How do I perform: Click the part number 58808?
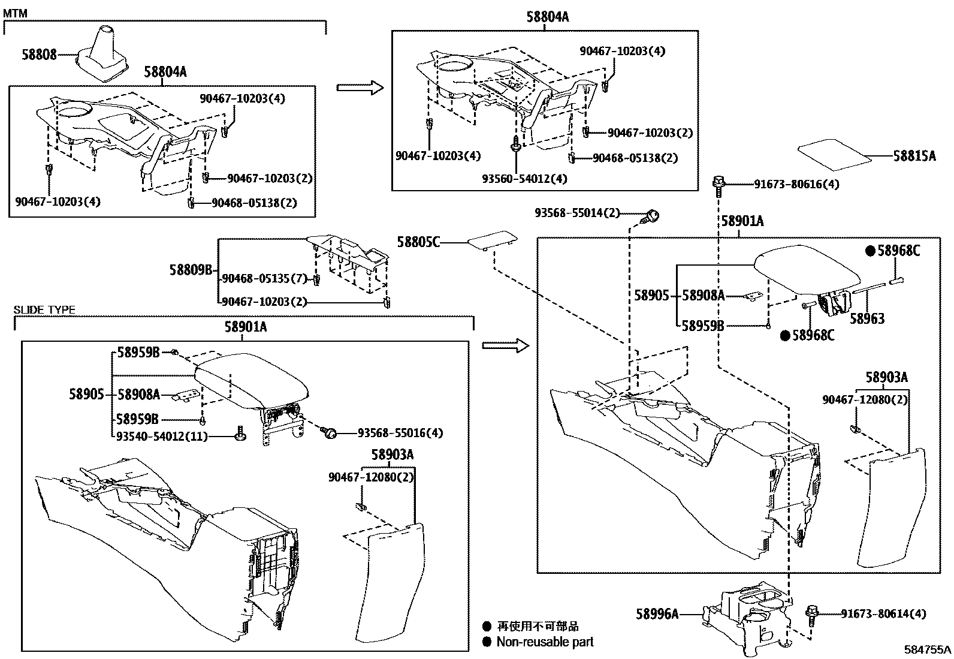(x=39, y=55)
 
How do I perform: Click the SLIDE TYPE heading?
(x=44, y=310)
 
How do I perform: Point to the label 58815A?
(x=914, y=156)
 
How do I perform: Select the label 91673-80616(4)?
(x=796, y=184)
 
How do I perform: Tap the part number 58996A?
(x=657, y=613)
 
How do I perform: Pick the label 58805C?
(x=418, y=242)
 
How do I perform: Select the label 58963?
(x=867, y=318)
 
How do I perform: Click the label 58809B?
(x=191, y=270)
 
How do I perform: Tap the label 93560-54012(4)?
(x=524, y=179)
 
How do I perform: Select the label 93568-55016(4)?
(x=400, y=432)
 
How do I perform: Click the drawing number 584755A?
(x=928, y=649)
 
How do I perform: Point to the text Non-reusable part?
(x=545, y=642)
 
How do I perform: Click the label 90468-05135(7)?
(x=264, y=279)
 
